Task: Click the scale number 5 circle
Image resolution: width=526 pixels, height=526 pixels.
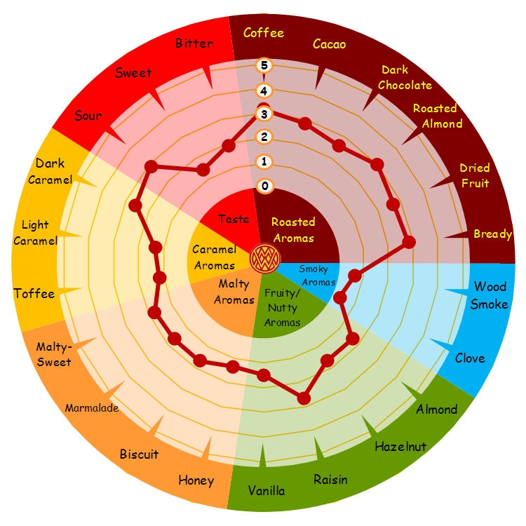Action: coord(264,65)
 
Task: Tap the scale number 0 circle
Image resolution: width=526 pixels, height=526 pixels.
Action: coord(264,186)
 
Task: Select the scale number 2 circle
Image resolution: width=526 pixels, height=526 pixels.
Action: coord(264,137)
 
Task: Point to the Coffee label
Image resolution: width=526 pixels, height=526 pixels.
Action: coord(264,33)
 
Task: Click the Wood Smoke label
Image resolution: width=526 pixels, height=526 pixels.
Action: coord(490,295)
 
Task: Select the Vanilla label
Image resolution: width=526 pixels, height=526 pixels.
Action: coord(267,491)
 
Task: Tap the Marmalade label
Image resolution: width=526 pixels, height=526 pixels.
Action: coord(92,408)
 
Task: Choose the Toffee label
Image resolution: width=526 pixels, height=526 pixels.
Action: coord(34,294)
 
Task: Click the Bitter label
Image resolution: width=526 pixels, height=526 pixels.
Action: coord(194,43)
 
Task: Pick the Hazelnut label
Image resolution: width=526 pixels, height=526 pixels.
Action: coord(400,447)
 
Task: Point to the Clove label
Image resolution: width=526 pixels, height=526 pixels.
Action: coord(470,358)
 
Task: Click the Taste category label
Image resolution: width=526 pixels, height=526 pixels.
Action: coord(234,219)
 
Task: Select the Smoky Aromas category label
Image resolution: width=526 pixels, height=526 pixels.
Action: coord(317,276)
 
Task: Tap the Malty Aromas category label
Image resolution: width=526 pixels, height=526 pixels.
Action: coord(234,292)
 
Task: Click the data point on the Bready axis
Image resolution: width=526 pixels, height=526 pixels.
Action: coord(409,242)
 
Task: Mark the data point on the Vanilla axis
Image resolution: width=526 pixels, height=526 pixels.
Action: coord(264,375)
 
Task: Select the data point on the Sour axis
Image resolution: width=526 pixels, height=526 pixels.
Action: coord(151,166)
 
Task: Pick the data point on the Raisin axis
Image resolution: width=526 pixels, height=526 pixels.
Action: coord(304,398)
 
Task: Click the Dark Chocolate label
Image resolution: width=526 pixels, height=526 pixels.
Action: coord(405,77)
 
